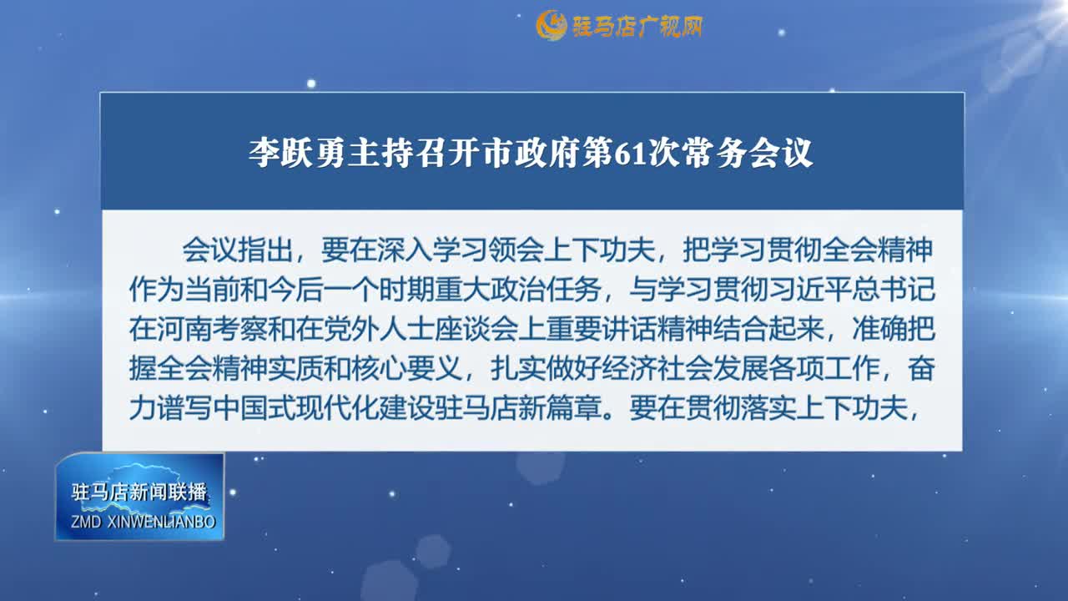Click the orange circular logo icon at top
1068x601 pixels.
[x=552, y=26]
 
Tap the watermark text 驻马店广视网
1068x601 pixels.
[x=637, y=27]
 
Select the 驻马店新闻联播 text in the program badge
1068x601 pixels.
[x=139, y=492]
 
